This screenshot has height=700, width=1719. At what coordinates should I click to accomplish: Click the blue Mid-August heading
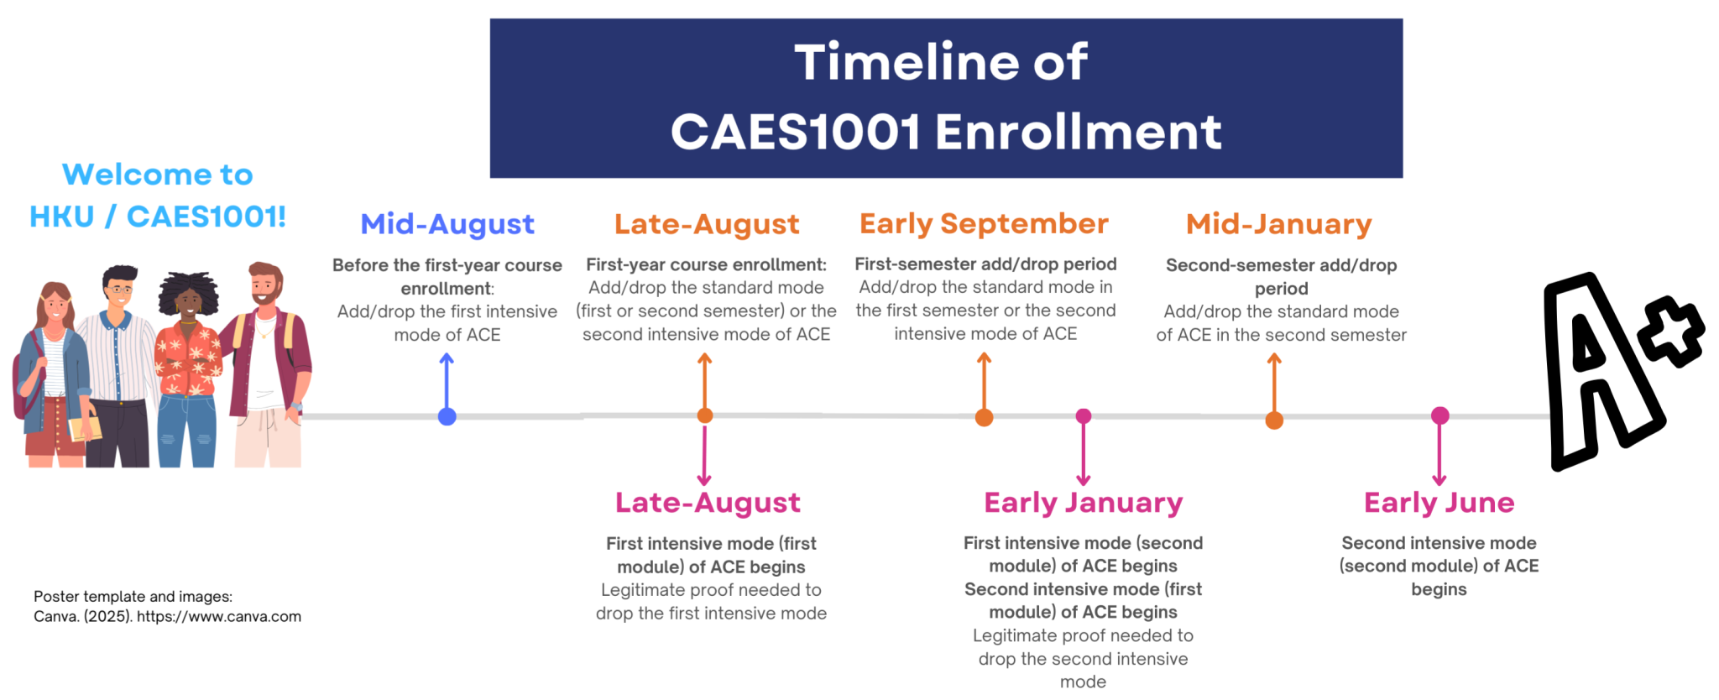click(447, 224)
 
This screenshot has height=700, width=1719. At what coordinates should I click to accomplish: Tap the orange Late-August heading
click(707, 224)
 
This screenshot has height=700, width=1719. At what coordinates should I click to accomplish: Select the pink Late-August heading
click(708, 503)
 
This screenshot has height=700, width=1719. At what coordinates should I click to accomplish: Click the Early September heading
click(984, 224)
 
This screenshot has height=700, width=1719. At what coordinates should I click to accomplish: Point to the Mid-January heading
click(1278, 224)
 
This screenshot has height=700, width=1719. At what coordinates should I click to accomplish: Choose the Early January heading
click(1083, 503)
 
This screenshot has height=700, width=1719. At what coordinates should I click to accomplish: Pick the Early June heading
click(1439, 503)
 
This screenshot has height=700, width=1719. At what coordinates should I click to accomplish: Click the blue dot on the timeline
click(447, 416)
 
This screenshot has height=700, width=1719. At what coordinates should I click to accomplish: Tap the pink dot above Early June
click(1440, 415)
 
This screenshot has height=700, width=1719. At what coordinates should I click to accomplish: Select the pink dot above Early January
click(1084, 416)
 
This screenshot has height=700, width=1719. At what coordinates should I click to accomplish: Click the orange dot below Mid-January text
click(1274, 421)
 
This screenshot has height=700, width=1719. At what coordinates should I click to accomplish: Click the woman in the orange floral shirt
click(188, 361)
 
